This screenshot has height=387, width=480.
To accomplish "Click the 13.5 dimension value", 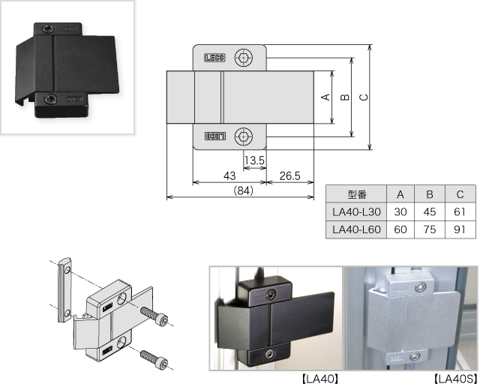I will (254, 160).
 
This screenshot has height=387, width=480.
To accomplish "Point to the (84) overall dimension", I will (242, 190).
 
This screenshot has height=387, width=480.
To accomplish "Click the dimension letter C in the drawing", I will (364, 97).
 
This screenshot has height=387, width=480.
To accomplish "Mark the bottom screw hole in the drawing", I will (243, 136).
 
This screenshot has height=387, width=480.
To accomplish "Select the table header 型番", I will (356, 194).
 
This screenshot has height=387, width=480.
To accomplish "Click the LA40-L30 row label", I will (356, 212).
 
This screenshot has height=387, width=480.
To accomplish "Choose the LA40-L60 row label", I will (356, 229).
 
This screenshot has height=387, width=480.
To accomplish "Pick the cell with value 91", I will (460, 229).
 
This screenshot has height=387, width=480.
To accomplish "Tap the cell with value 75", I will (430, 229).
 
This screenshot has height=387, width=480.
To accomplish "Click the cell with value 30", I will (400, 212).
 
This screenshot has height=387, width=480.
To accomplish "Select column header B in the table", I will (430, 194).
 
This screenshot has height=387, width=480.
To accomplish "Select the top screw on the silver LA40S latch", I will (425, 286).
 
